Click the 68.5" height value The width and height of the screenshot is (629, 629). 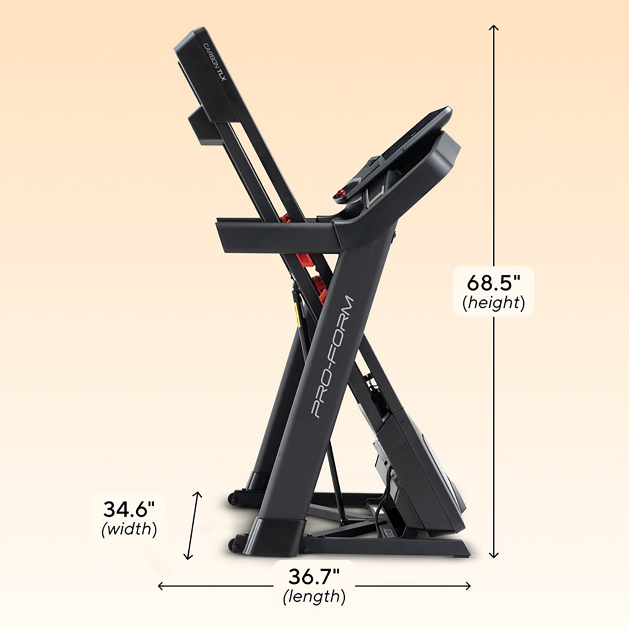tap(493, 283)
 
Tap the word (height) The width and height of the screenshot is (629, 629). tap(493, 302)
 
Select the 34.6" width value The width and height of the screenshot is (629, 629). tap(129, 509)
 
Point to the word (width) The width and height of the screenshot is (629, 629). tap(129, 529)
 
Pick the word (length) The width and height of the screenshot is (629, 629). tap(314, 596)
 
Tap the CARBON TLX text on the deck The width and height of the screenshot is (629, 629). tap(214, 67)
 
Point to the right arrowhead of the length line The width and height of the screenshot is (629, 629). tap(468, 586)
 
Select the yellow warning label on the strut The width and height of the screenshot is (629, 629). tap(298, 314)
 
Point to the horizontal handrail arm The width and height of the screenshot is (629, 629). tap(277, 237)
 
